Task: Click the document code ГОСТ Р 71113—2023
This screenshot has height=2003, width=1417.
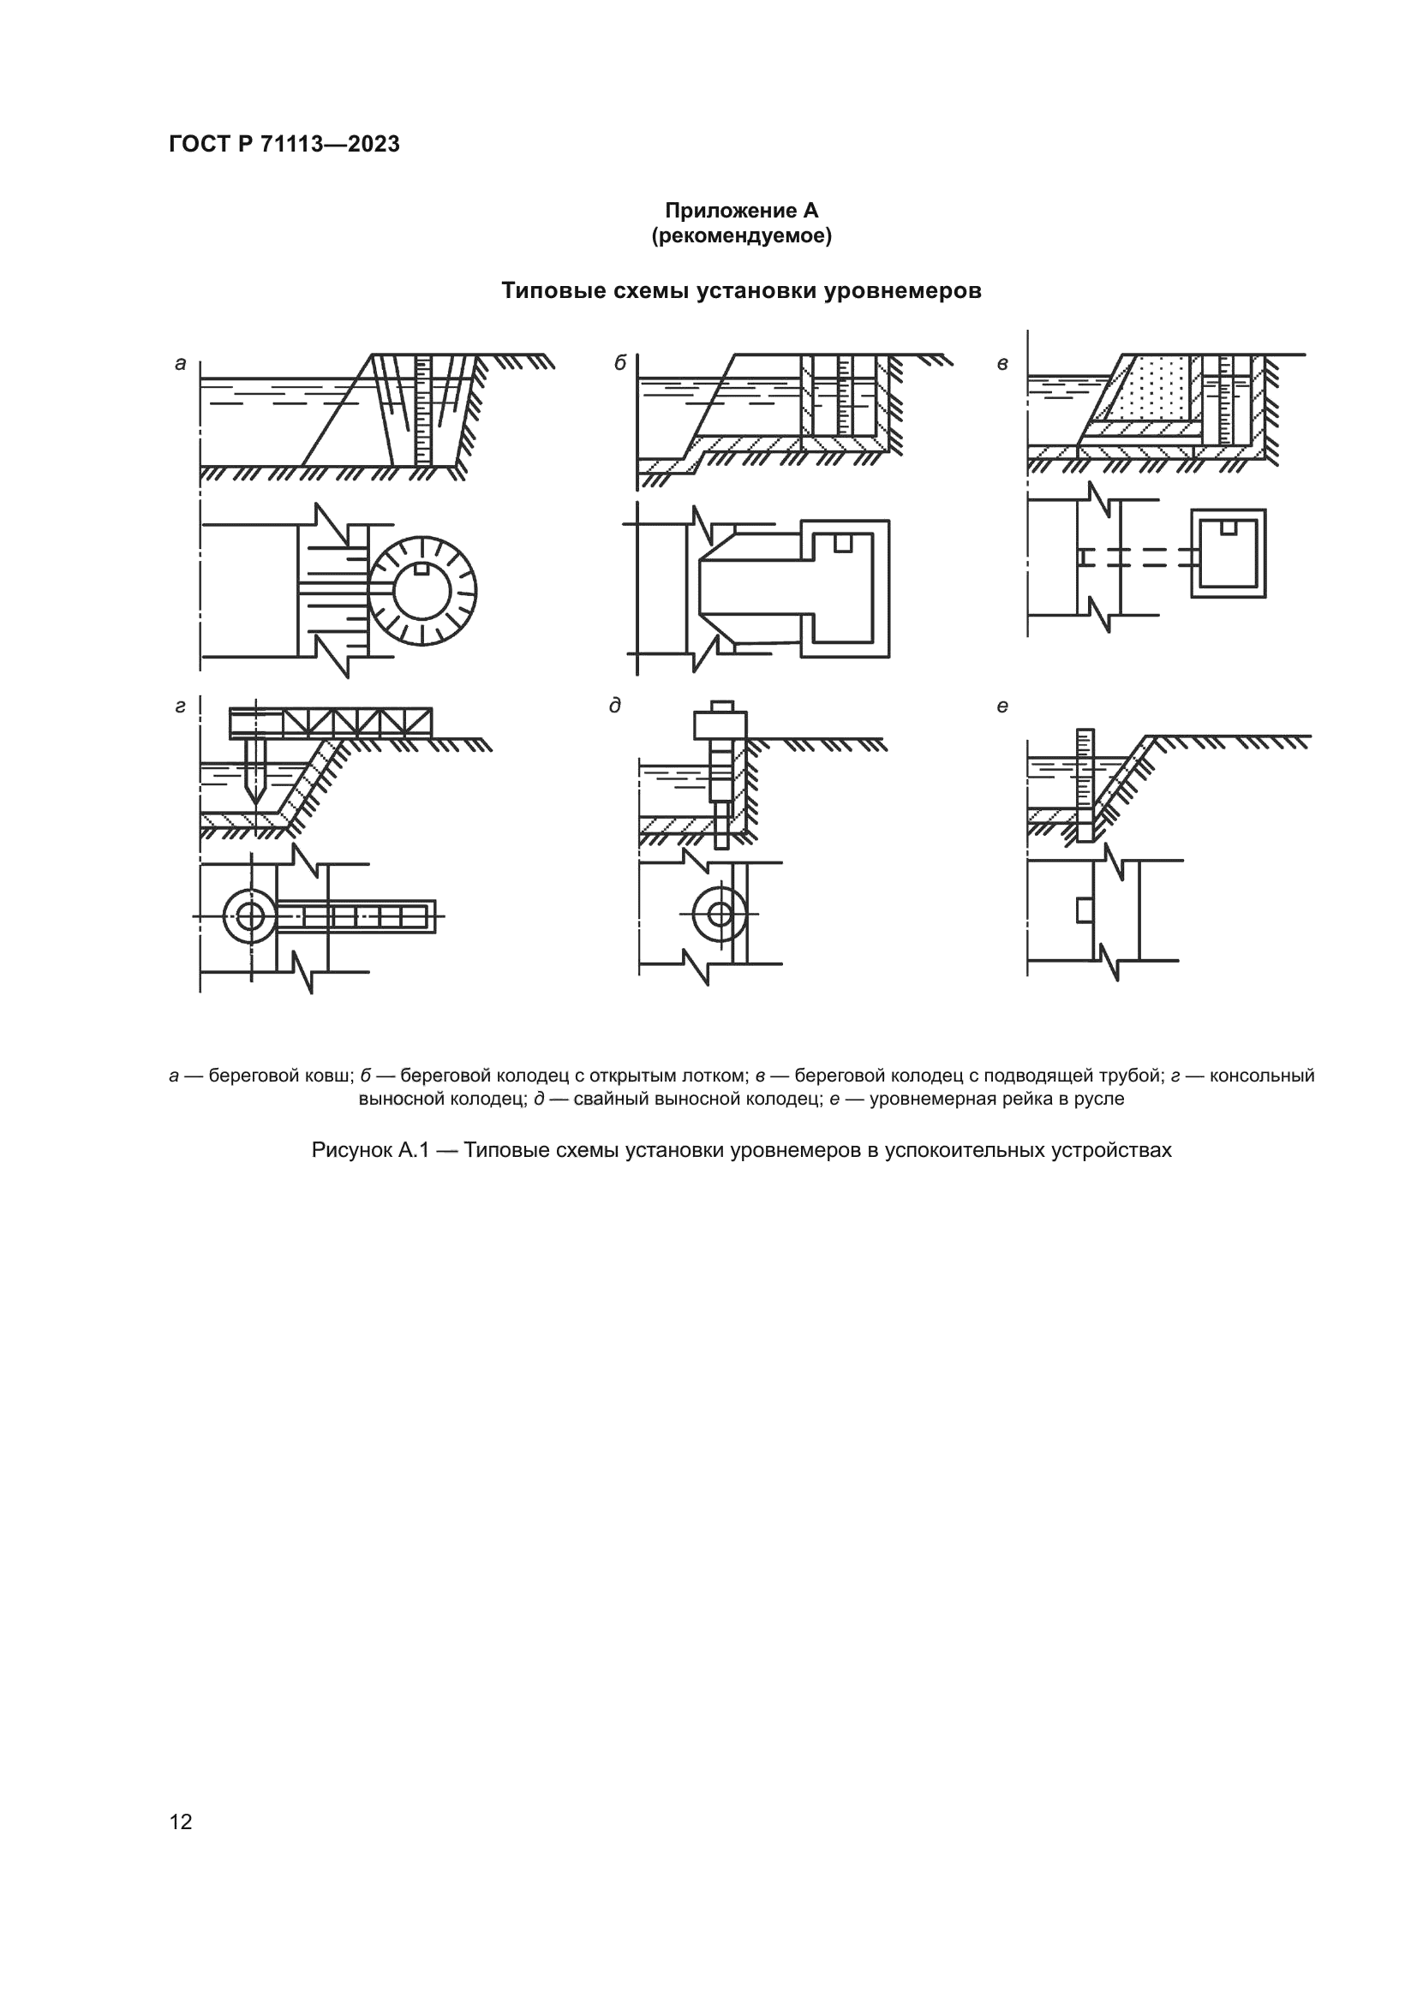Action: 284,144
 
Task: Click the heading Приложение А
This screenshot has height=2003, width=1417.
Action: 741,211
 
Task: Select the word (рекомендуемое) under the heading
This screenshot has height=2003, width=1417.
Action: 741,235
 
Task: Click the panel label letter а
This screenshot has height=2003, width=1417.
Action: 181,364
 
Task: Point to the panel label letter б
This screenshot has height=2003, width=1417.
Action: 619,363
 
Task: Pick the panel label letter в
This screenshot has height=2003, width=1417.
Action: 1002,364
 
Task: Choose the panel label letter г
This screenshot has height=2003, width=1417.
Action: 180,706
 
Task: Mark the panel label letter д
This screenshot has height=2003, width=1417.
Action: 615,706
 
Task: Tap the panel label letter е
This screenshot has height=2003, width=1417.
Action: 1002,706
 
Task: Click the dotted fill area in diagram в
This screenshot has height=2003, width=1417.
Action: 1156,388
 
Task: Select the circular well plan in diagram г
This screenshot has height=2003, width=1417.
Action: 250,916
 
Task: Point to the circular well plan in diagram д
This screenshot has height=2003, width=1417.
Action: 720,915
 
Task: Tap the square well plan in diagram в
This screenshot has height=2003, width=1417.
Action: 1229,554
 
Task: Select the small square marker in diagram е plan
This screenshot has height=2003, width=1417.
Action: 1085,909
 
